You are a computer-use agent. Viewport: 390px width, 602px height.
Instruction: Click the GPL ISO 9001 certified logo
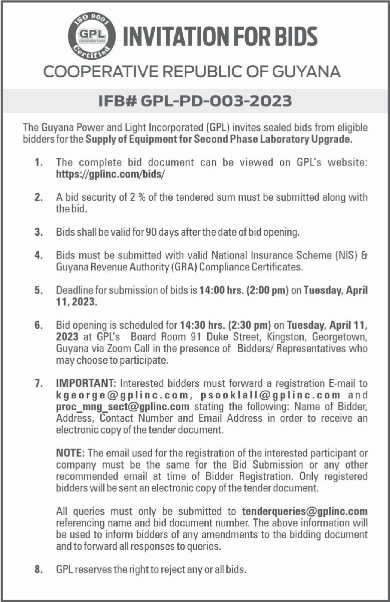[91, 37]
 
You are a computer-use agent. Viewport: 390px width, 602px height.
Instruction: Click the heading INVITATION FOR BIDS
[220, 37]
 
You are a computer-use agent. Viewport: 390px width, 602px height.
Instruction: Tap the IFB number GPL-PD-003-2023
[195, 101]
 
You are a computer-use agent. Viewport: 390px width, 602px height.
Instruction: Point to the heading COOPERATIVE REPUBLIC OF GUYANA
[192, 71]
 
